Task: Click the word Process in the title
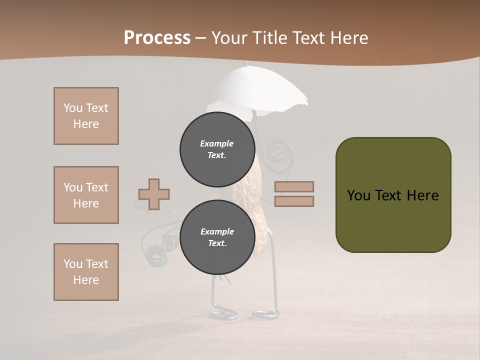click(157, 37)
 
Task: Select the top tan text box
click(86, 116)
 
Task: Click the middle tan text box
click(86, 195)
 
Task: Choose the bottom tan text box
click(86, 272)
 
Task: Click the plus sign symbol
click(154, 194)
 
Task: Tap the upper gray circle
click(217, 149)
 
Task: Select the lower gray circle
click(217, 237)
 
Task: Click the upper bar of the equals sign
click(294, 186)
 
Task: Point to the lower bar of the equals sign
click(294, 201)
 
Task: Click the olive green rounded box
click(393, 195)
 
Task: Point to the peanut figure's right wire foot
click(264, 314)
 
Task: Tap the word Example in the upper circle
click(216, 143)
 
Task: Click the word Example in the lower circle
click(217, 231)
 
